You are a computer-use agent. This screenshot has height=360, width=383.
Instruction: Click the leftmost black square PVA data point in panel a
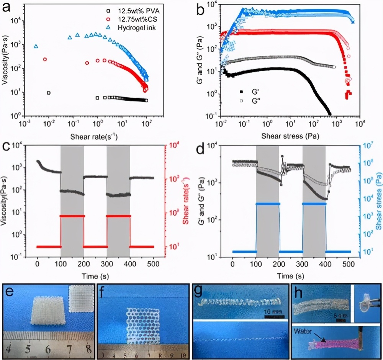click(x=49, y=93)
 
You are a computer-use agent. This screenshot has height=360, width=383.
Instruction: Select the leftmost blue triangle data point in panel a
click(x=36, y=46)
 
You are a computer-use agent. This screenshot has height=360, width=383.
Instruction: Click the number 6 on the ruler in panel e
click(x=47, y=350)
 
